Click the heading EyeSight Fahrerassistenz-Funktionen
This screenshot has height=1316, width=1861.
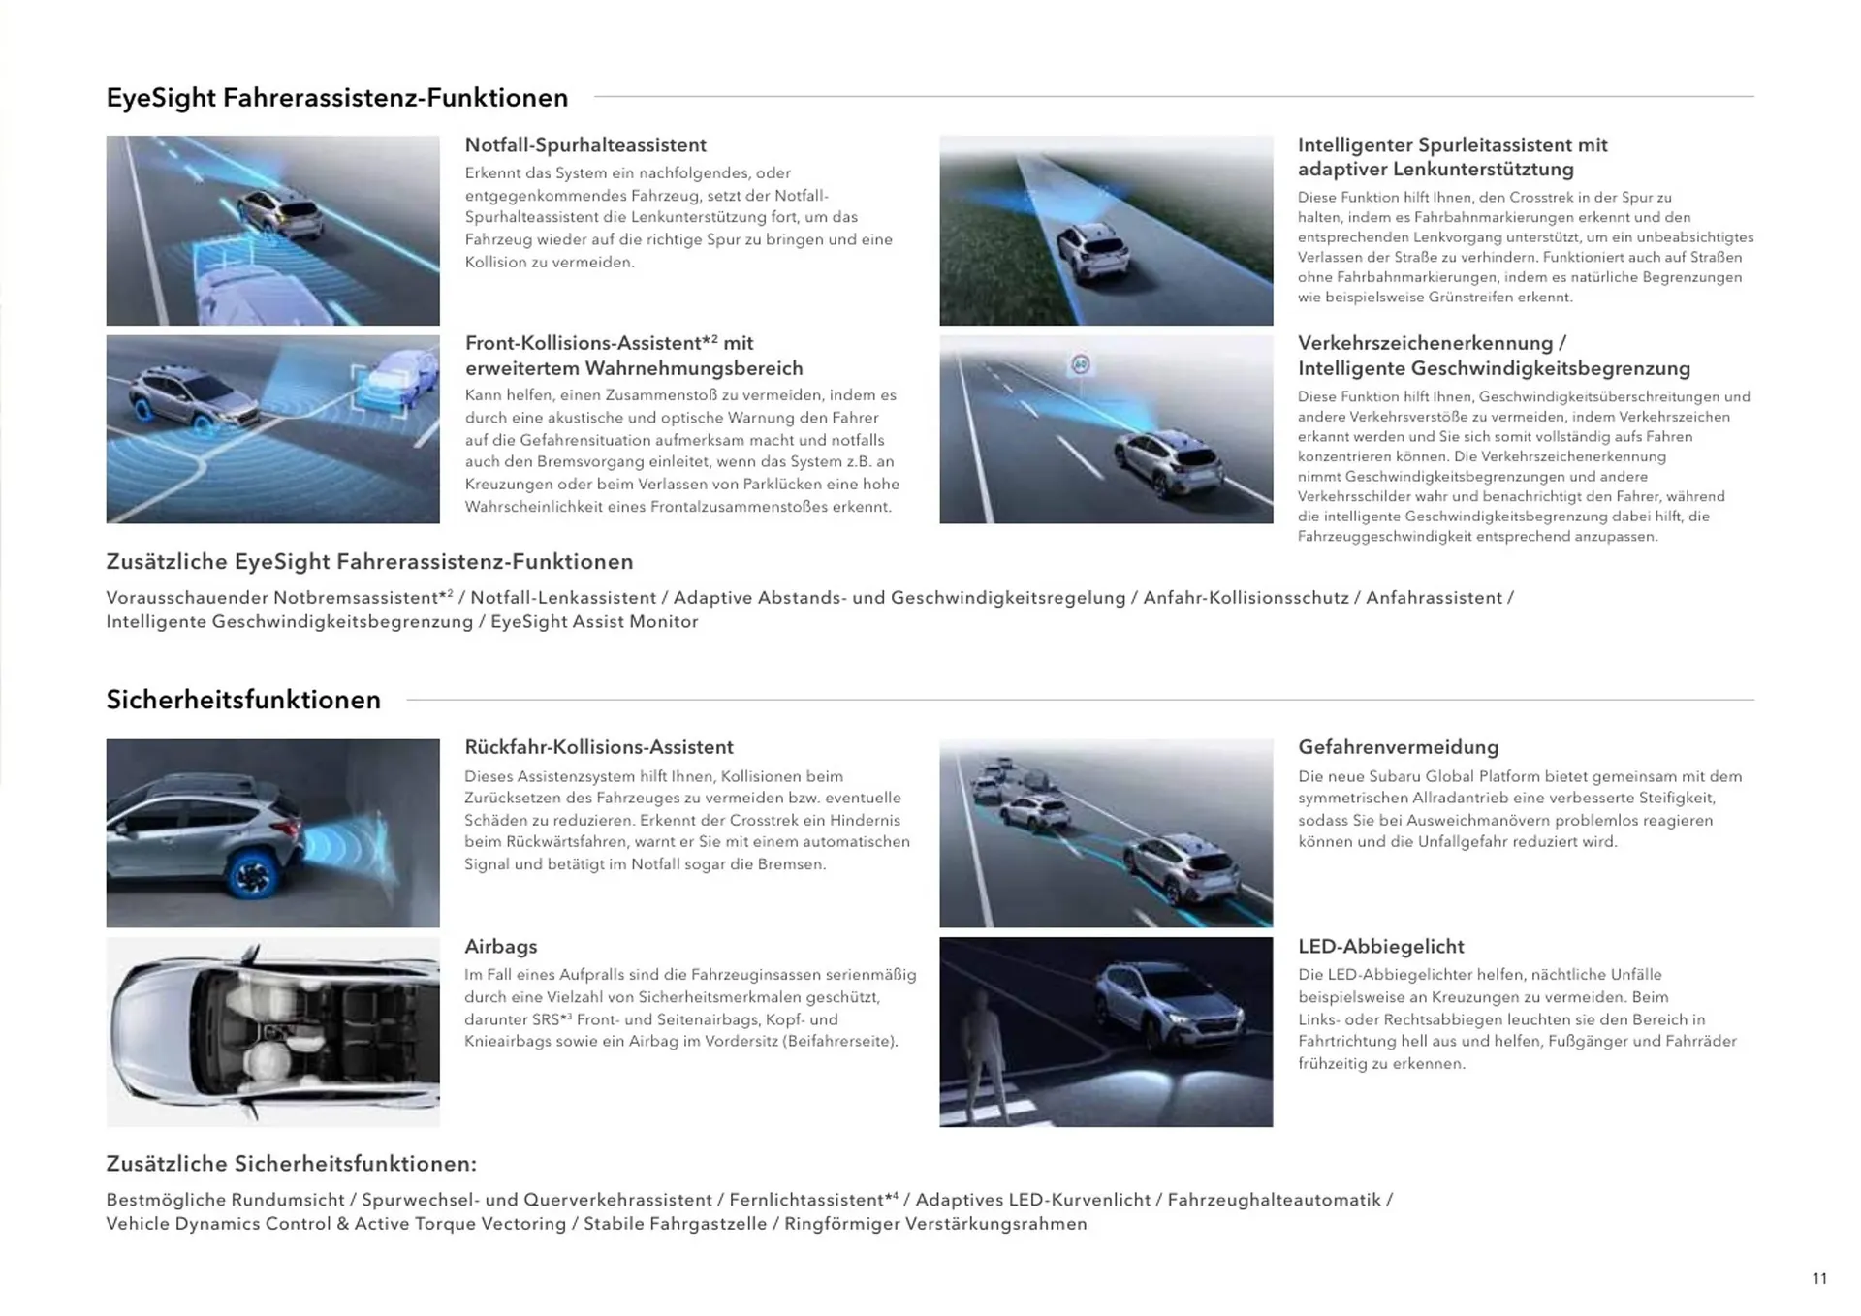click(336, 98)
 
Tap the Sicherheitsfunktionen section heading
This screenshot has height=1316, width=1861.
click(243, 700)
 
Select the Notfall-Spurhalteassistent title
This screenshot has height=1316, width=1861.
click(584, 145)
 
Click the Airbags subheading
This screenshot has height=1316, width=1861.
click(500, 947)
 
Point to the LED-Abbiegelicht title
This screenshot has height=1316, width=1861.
click(1380, 947)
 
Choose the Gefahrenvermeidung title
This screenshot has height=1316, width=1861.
click(1398, 747)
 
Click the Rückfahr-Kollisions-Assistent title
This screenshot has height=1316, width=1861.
click(598, 747)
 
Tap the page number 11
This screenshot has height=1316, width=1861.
click(1819, 1279)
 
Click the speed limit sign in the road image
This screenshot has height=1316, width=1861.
click(1081, 364)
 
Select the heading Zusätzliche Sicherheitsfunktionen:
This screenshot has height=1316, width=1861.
click(291, 1164)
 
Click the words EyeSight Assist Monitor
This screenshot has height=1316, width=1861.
click(593, 622)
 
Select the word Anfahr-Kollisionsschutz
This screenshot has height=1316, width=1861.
click(1246, 598)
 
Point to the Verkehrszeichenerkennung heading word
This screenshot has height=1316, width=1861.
click(1425, 344)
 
